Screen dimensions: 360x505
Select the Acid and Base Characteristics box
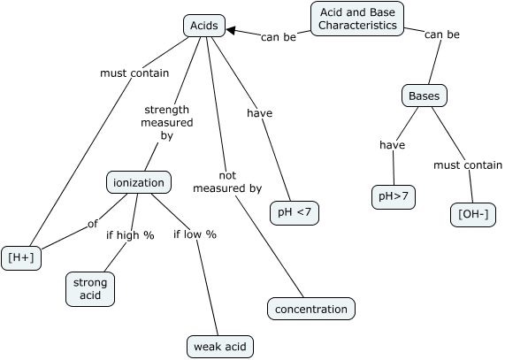click(x=357, y=19)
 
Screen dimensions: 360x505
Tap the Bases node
click(x=424, y=96)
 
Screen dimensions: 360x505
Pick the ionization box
click(x=139, y=182)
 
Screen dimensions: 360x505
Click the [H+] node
click(x=21, y=257)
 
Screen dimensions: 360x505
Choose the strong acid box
click(x=90, y=289)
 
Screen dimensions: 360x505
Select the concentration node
click(x=311, y=309)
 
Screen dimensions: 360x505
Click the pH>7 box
click(x=393, y=197)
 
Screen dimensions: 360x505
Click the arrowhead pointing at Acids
click(x=232, y=31)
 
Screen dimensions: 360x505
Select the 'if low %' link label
click(x=195, y=234)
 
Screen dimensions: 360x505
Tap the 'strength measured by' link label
click(x=167, y=124)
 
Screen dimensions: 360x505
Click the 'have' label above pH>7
click(x=392, y=145)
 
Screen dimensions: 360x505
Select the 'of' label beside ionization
click(x=92, y=224)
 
